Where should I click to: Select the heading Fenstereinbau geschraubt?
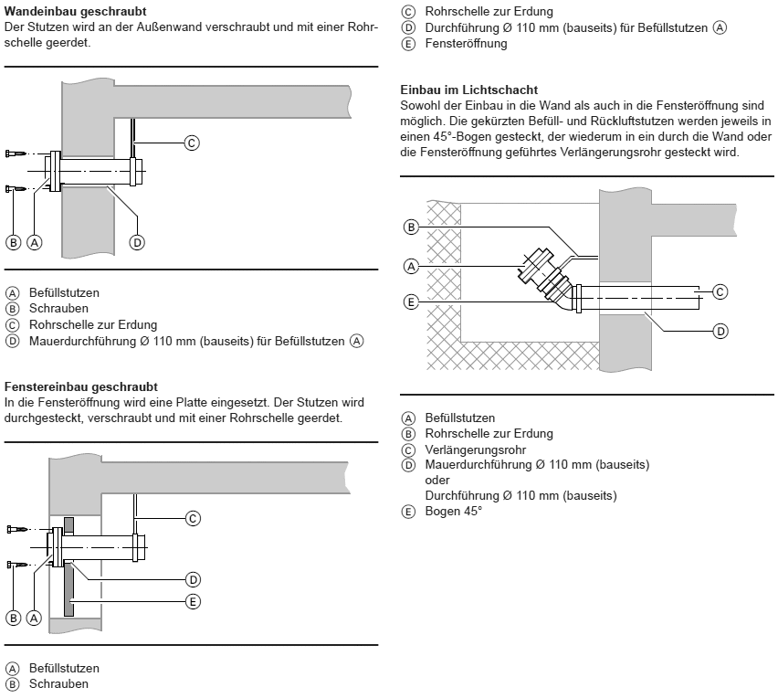(81, 387)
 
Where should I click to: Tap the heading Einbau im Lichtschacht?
(469, 90)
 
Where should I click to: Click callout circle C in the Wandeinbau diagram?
(192, 143)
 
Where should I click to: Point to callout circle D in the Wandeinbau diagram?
(137, 242)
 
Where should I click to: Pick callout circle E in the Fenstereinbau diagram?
(193, 601)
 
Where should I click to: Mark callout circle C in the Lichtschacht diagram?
(720, 291)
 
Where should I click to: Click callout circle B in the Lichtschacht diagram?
(411, 227)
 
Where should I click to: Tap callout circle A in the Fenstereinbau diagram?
(35, 619)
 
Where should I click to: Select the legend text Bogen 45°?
(453, 511)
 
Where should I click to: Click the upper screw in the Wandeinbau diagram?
(16, 153)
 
